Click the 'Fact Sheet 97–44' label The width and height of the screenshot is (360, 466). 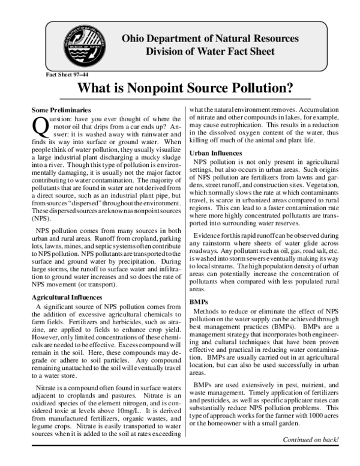(67, 75)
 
